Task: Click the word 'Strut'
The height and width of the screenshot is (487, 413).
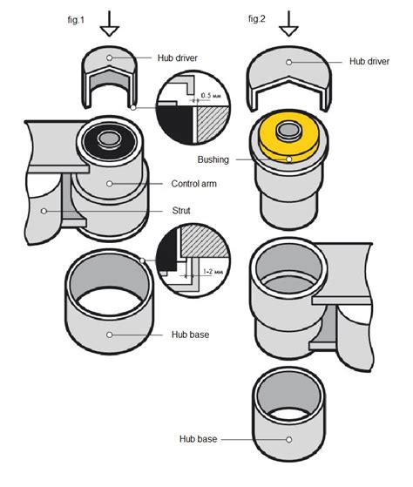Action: click(x=179, y=211)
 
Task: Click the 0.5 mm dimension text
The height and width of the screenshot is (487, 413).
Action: click(x=210, y=95)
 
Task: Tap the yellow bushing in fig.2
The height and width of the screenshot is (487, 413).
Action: click(x=288, y=139)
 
